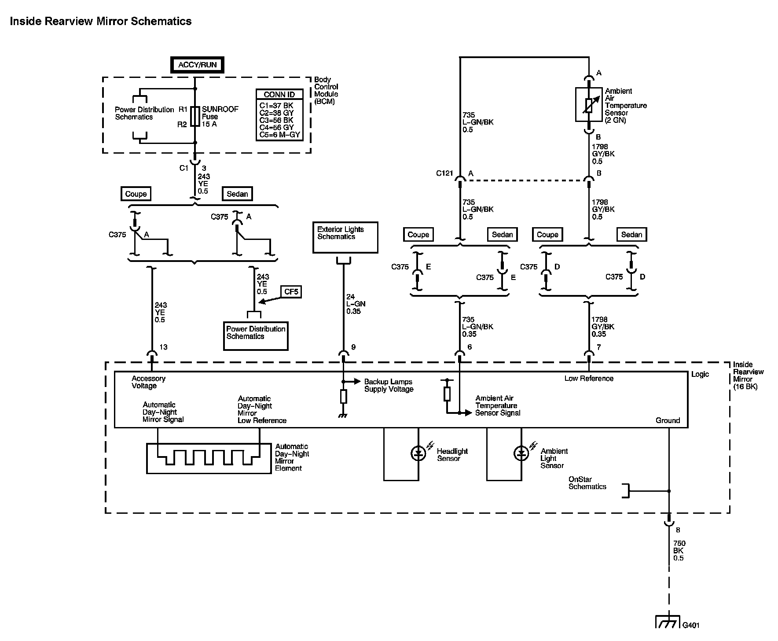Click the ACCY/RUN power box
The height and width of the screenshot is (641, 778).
pyautogui.click(x=197, y=65)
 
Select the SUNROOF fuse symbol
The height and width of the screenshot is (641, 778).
pyautogui.click(x=196, y=117)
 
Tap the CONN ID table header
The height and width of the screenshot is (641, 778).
pyautogui.click(x=279, y=95)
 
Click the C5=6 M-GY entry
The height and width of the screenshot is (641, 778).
pyautogui.click(x=279, y=135)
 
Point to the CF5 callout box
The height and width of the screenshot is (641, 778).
pyautogui.click(x=291, y=291)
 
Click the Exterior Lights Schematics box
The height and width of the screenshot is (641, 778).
pyautogui.click(x=345, y=237)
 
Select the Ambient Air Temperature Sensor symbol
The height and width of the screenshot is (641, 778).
pyautogui.click(x=589, y=105)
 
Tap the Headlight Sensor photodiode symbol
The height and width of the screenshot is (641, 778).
pyautogui.click(x=418, y=453)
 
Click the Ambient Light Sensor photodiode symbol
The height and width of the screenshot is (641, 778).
pyautogui.click(x=521, y=453)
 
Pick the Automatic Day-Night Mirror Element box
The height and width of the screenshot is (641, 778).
pyautogui.click(x=209, y=458)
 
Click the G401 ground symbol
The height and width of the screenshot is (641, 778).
pyautogui.click(x=668, y=622)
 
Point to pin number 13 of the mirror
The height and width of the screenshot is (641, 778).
pyautogui.click(x=163, y=347)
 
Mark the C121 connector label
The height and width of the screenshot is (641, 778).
pyautogui.click(x=444, y=173)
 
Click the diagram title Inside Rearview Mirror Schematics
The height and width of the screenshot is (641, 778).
pyautogui.click(x=101, y=21)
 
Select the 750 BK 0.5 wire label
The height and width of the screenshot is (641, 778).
pyautogui.click(x=679, y=551)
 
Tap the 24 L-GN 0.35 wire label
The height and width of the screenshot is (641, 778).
pyautogui.click(x=356, y=304)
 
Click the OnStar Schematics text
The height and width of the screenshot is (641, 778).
pyautogui.click(x=587, y=483)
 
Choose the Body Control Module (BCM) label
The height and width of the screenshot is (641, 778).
pyautogui.click(x=326, y=91)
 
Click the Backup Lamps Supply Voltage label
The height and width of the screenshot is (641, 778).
pyautogui.click(x=389, y=386)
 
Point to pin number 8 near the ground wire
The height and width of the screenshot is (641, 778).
pyautogui.click(x=678, y=530)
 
